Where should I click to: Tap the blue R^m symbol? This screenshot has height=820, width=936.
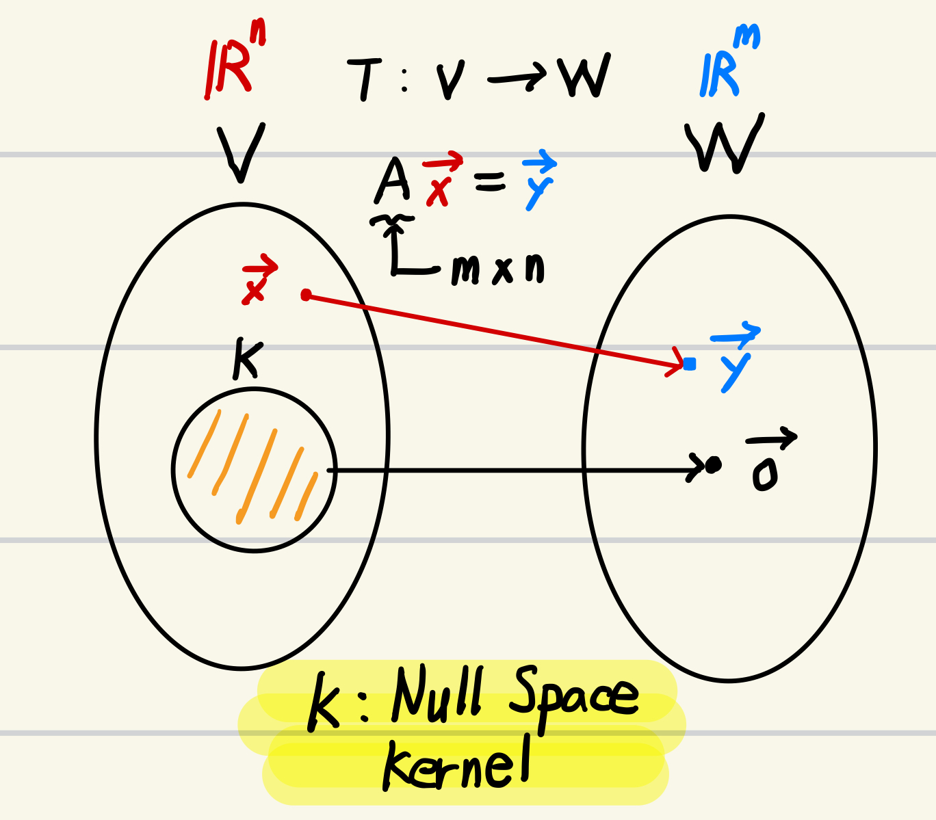click(x=727, y=65)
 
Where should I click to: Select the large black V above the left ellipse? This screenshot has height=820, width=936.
click(x=241, y=152)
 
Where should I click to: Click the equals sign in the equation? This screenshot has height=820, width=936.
click(x=489, y=181)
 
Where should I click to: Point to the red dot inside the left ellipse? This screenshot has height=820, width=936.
click(x=306, y=295)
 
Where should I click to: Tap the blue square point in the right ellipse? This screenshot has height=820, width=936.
click(x=690, y=365)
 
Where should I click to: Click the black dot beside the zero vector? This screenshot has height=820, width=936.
click(x=714, y=465)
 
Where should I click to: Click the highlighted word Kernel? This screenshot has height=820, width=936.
click(x=456, y=765)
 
